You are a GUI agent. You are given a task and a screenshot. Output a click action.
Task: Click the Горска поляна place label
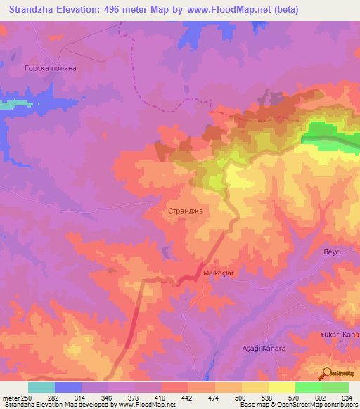(50, 68)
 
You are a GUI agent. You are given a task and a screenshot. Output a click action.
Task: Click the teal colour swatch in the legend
(41, 387)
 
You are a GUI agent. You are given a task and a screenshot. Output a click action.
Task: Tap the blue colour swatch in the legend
(68, 387)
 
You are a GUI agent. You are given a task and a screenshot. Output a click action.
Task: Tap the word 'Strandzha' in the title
(35, 10)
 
